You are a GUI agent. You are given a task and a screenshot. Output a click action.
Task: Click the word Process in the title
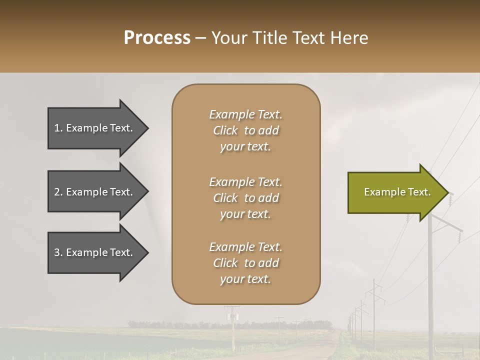coord(157,37)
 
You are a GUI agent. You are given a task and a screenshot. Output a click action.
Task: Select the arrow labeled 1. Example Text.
coord(95,128)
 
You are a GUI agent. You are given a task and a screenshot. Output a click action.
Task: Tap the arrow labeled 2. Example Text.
coord(95,192)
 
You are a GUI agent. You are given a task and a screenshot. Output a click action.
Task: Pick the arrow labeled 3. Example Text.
coord(95,252)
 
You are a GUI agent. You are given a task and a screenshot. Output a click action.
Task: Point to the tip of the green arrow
coord(447,192)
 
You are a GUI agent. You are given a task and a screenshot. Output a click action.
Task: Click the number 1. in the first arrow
coord(58,128)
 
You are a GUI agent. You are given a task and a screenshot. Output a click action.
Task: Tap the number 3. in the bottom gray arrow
coord(58,252)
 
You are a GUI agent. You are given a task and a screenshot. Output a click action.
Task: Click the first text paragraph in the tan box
coord(245,130)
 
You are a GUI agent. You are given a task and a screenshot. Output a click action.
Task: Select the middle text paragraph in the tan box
coord(245,198)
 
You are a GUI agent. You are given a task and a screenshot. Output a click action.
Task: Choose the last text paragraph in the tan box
coord(245,263)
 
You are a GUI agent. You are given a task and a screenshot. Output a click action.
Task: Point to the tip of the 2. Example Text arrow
coord(148,192)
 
